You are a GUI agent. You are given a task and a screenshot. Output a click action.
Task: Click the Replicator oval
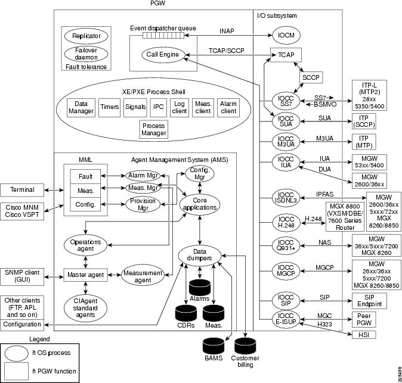click(x=86, y=35)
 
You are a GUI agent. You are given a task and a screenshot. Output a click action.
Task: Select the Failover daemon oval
click(x=86, y=54)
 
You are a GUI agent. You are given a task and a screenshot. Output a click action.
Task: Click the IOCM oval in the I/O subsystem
click(x=286, y=35)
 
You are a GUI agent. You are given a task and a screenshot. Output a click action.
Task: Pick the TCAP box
click(x=286, y=55)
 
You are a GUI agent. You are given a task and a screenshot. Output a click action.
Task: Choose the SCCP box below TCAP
click(x=311, y=78)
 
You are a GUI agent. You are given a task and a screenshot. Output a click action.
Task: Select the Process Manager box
click(x=154, y=129)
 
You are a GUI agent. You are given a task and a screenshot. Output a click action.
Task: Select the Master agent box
click(x=86, y=275)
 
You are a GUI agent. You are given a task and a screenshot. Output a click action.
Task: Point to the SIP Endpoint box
click(x=369, y=300)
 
